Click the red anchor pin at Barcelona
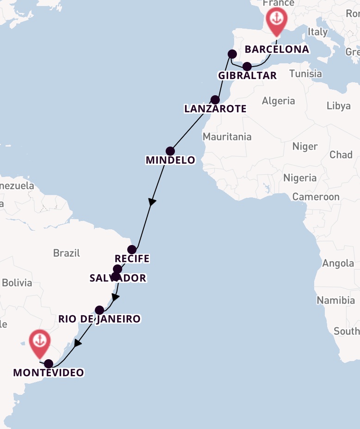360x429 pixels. click(x=276, y=20)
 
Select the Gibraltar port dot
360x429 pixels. click(x=247, y=66)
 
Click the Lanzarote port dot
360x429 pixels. click(x=215, y=99)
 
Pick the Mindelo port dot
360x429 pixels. click(x=170, y=151)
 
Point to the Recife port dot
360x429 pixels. click(x=132, y=250)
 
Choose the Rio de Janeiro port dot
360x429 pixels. click(x=99, y=310)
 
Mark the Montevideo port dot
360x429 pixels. click(x=49, y=363)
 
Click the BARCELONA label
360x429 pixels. click(x=277, y=49)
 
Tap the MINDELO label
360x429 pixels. click(x=170, y=160)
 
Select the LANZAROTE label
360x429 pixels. click(x=215, y=109)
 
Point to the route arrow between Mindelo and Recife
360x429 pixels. click(x=152, y=202)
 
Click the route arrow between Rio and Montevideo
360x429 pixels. click(x=78, y=343)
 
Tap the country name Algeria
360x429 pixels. click(x=278, y=101)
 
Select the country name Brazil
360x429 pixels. click(x=67, y=253)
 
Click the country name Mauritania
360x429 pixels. click(x=227, y=136)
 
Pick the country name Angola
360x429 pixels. click(x=338, y=264)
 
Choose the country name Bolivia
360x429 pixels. click(x=17, y=282)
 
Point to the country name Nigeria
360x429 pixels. click(x=300, y=178)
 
